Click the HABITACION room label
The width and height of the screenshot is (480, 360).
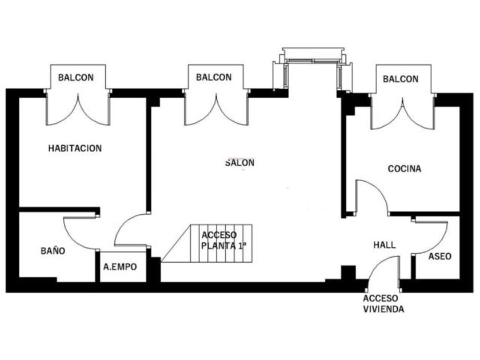pos(75,149)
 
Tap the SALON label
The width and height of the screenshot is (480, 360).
pos(239,162)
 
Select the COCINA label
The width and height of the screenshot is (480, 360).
pos(405,169)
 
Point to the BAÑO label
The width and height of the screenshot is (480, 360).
pos(53,251)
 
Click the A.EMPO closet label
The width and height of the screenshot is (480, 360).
pos(120,267)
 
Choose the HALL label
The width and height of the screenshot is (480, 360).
pos(385,245)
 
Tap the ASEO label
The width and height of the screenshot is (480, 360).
pos(439,257)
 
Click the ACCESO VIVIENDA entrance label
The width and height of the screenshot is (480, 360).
pos(383,303)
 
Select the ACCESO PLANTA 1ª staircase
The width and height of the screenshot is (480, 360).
pos(206,243)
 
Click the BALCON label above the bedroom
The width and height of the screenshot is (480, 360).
pos(76,78)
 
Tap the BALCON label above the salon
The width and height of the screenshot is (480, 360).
pos(214,77)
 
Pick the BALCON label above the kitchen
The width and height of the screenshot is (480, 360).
pos(401,79)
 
